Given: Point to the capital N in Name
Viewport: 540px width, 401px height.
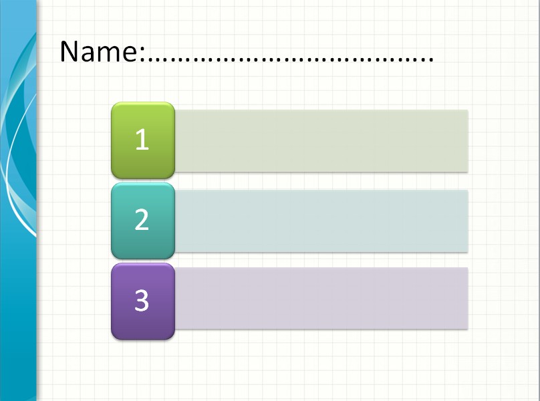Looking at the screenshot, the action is pyautogui.click(x=70, y=51).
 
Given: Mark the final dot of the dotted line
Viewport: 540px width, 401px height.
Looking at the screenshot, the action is pyautogui.click(x=430, y=61).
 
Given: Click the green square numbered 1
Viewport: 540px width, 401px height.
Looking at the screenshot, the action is pyautogui.click(x=142, y=140).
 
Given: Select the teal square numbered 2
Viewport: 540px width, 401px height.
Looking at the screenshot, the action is pyautogui.click(x=142, y=221).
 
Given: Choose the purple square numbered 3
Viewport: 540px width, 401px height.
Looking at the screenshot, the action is pyautogui.click(x=142, y=301).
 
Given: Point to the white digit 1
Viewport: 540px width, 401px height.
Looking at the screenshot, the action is pyautogui.click(x=142, y=140).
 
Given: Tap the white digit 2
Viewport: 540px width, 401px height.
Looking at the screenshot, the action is pyautogui.click(x=142, y=220).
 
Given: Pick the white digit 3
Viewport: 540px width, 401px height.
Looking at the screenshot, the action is pyautogui.click(x=142, y=301).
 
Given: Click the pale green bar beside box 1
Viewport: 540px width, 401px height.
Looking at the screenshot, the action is pyautogui.click(x=321, y=140).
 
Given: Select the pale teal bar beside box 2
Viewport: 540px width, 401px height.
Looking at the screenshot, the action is pyautogui.click(x=321, y=221).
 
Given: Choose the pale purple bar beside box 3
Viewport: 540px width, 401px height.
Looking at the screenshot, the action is pyautogui.click(x=321, y=298).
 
